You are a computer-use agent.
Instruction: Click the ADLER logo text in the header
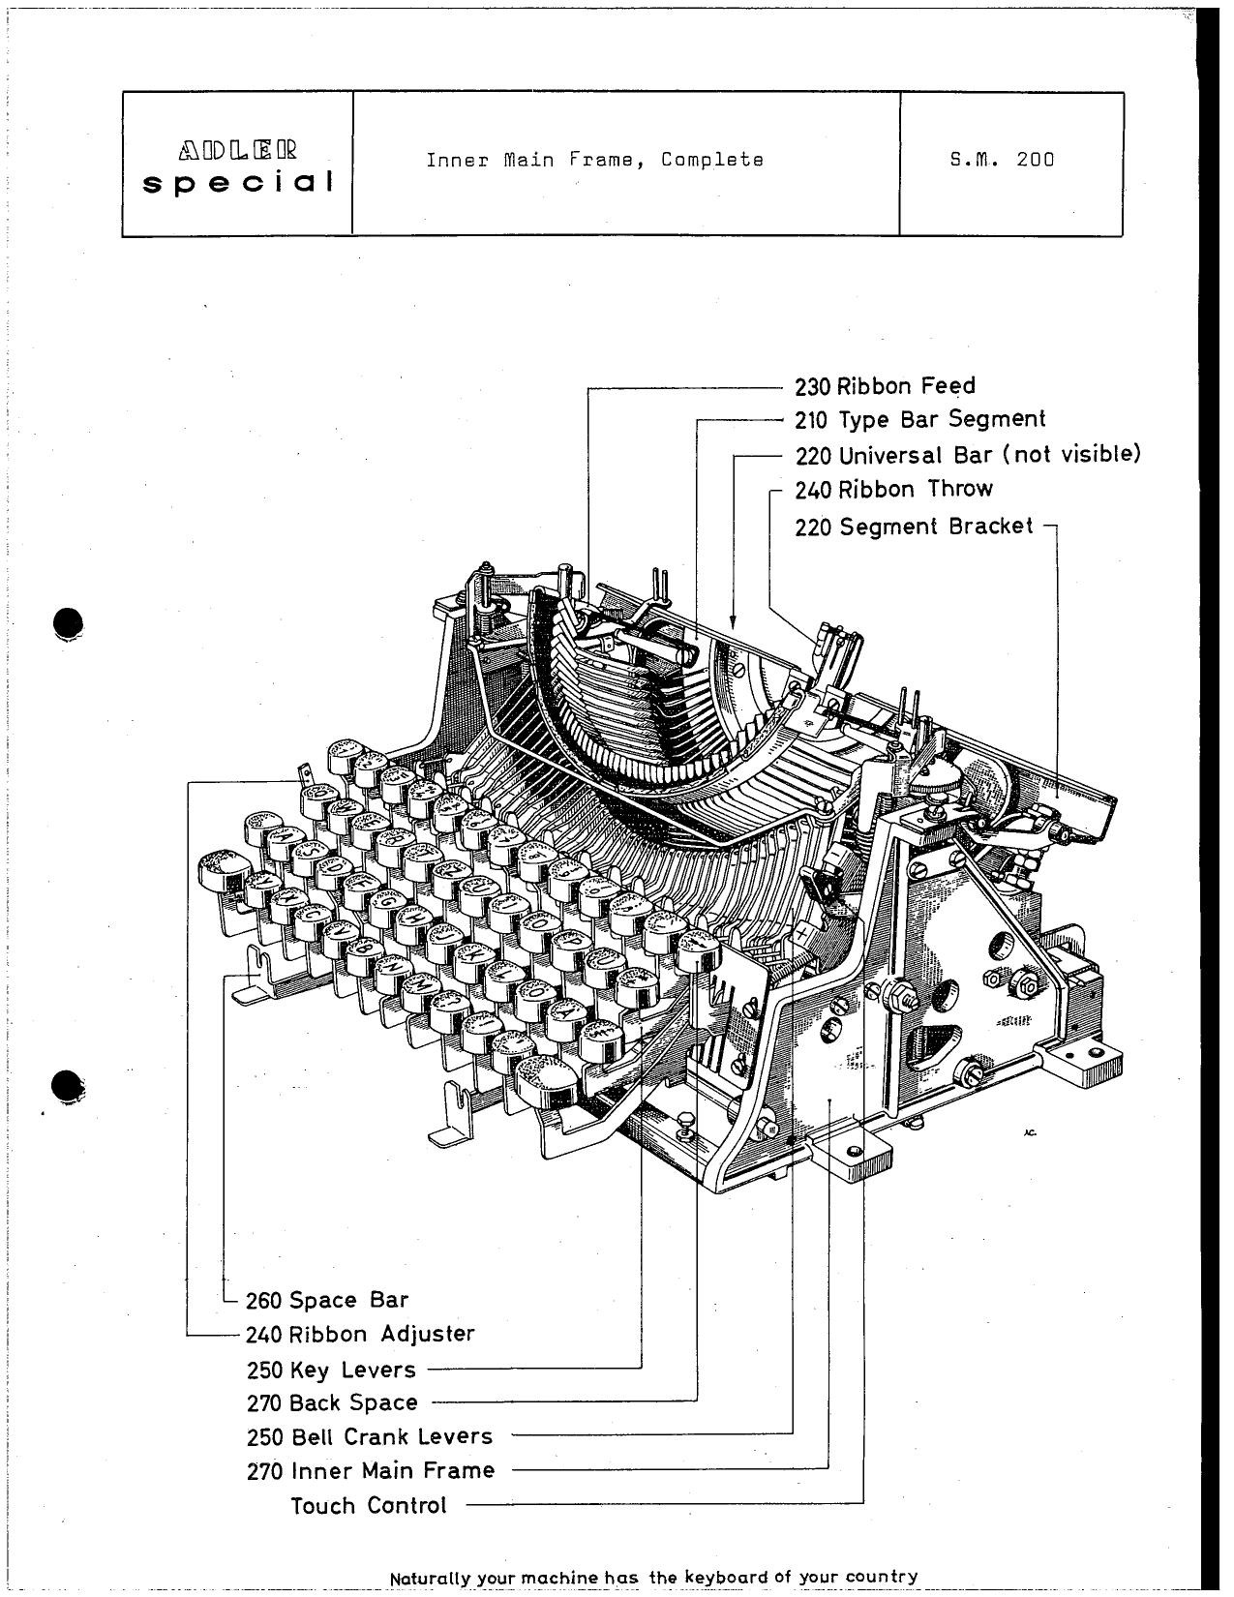pyautogui.click(x=238, y=152)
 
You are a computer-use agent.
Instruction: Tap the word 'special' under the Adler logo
pyautogui.click(x=238, y=182)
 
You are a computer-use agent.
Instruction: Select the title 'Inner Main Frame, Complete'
pyautogui.click(x=594, y=160)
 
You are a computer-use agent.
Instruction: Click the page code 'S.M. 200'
pyautogui.click(x=1002, y=160)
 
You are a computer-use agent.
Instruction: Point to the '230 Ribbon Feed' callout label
pyautogui.click(x=885, y=386)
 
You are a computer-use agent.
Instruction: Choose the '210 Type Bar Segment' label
pyautogui.click(x=919, y=420)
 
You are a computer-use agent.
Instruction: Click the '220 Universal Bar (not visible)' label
pyautogui.click(x=968, y=454)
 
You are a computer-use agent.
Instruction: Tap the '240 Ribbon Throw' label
pyautogui.click(x=893, y=489)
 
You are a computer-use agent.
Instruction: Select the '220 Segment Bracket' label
pyautogui.click(x=914, y=527)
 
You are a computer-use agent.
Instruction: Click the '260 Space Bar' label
pyautogui.click(x=326, y=1300)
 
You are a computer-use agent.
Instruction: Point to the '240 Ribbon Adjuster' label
pyautogui.click(x=360, y=1335)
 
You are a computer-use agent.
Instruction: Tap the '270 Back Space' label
pyautogui.click(x=332, y=1402)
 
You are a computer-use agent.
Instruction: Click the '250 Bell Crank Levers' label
pyautogui.click(x=369, y=1437)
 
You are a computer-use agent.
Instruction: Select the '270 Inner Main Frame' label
pyautogui.click(x=370, y=1471)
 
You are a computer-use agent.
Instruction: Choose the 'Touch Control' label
pyautogui.click(x=369, y=1506)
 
